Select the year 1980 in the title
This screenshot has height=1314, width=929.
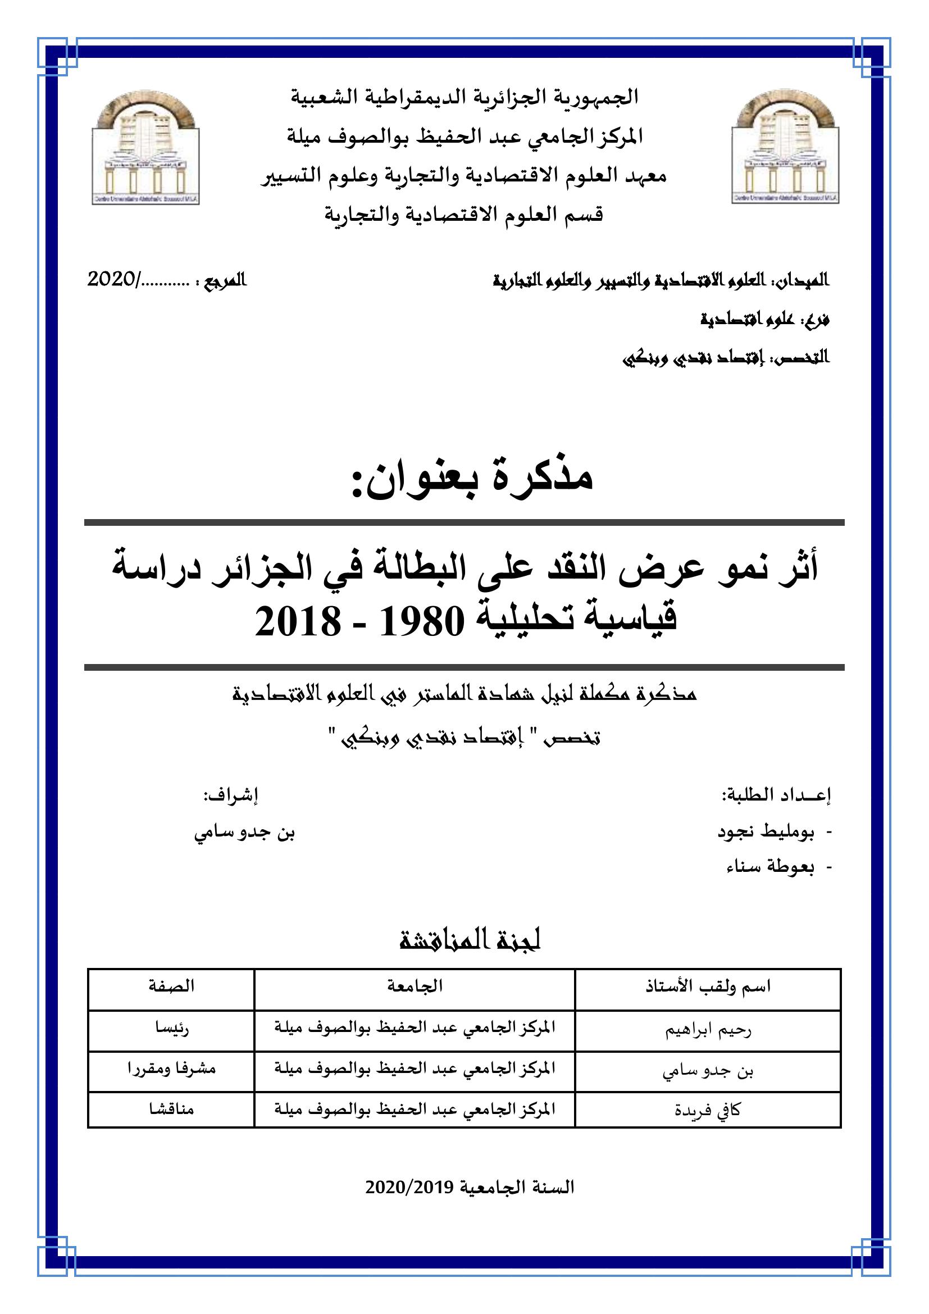[422, 621]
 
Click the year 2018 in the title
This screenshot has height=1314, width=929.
[298, 621]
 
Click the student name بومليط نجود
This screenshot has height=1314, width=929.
[766, 832]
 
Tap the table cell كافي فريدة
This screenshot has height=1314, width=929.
[708, 1110]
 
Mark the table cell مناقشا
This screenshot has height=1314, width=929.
[172, 1110]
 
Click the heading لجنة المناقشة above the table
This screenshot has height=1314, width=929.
[470, 942]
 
